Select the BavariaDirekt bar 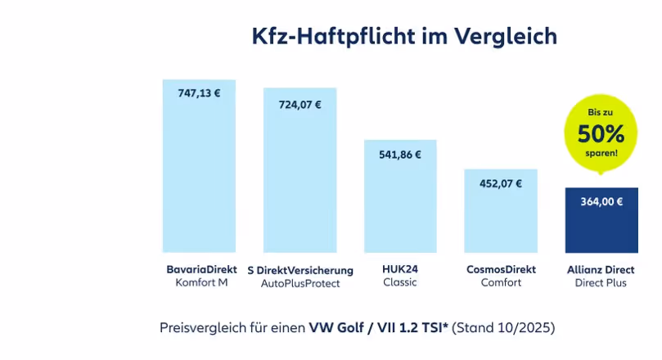click(200, 172)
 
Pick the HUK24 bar click(400, 200)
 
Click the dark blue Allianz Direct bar click(601, 225)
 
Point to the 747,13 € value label click(200, 93)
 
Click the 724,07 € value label click(299, 105)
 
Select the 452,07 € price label click(501, 183)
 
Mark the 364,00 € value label click(601, 202)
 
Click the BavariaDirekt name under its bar click(200, 269)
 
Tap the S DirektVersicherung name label click(300, 270)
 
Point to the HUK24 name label click(400, 269)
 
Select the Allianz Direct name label click(601, 269)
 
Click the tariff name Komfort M click(200, 283)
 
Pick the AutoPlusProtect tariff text click(300, 283)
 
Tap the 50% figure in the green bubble click(601, 133)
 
